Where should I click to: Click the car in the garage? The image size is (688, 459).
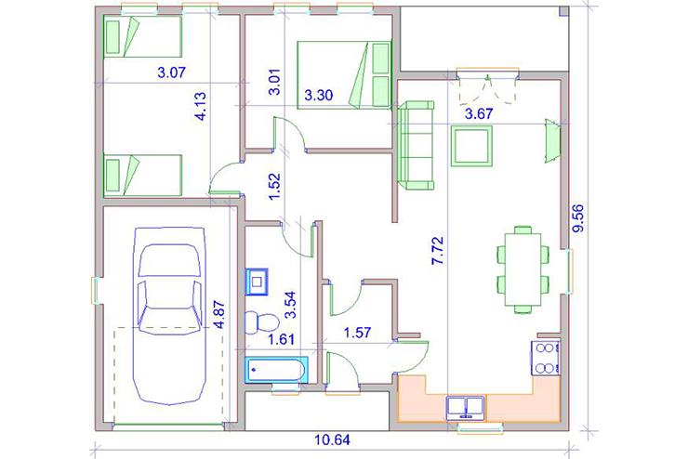[x=169, y=315]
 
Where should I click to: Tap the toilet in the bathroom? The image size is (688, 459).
[x=261, y=323]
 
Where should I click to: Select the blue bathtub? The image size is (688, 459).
[x=276, y=370]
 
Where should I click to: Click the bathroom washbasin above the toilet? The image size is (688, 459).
[x=257, y=282]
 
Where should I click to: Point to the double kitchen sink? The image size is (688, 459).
[x=466, y=408]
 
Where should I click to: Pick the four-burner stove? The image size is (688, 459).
[x=545, y=358]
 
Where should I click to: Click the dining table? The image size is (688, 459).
[x=523, y=269]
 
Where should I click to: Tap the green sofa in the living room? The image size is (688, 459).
[x=416, y=145]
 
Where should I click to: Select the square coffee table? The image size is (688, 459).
[x=471, y=146]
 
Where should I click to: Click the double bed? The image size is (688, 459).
[x=344, y=75]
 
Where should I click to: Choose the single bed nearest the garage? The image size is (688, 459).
[x=142, y=175]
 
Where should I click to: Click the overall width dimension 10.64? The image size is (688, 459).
[x=333, y=439]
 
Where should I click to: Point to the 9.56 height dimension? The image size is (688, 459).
[x=578, y=217]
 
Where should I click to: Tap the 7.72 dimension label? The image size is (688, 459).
[x=438, y=251]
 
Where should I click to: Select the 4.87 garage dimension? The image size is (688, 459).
[x=218, y=314]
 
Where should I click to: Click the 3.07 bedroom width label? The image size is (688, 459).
[x=172, y=72]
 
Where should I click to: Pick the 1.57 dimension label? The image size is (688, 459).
[x=358, y=333]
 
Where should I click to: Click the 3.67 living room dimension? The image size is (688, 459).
[x=479, y=114]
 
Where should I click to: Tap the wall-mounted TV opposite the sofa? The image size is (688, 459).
[x=553, y=140]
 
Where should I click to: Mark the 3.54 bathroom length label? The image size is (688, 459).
[x=290, y=305]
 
